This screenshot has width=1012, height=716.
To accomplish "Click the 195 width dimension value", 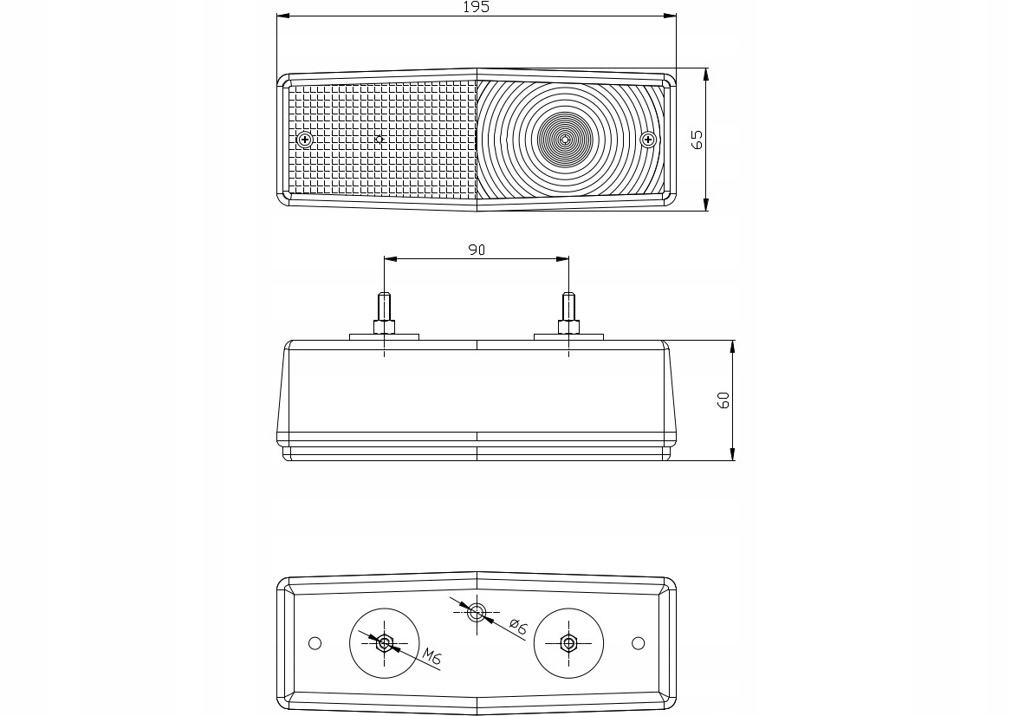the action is [476, 7].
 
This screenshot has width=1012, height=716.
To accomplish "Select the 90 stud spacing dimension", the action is [477, 250].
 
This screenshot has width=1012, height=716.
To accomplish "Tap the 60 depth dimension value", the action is [724, 400].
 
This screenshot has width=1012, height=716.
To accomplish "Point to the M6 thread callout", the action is [432, 658].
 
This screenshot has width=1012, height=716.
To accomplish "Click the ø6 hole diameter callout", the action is [517, 627].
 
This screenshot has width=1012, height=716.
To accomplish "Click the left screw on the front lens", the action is [304, 140].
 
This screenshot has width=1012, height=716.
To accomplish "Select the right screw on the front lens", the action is [647, 140].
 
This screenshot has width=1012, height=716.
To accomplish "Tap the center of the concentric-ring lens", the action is [565, 139].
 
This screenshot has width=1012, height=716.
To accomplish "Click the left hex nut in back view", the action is [385, 643].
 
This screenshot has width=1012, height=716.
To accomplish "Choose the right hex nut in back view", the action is [568, 643].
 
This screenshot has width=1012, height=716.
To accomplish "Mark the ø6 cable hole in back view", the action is [476, 613].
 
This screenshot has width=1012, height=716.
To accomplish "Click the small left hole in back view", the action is [315, 643].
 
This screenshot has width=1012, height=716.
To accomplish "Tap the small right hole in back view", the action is [639, 643].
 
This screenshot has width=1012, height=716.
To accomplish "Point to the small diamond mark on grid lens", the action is [379, 139].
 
